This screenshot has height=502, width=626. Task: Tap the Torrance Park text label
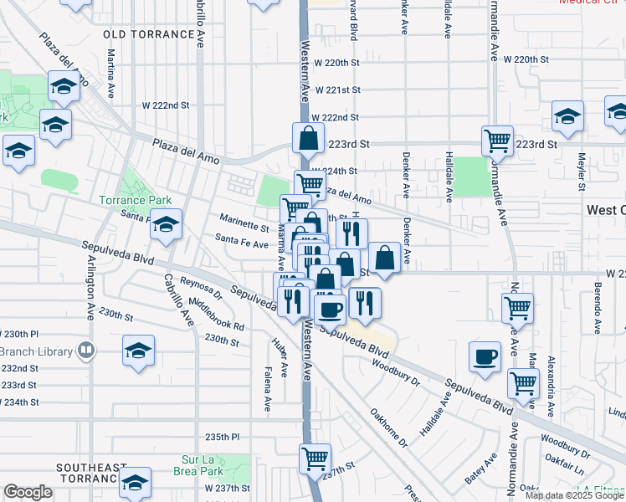coord(135,200)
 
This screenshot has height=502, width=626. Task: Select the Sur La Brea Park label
coord(214,460)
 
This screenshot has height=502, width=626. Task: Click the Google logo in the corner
coord(28,492)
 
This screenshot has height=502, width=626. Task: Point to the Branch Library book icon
coord(85,350)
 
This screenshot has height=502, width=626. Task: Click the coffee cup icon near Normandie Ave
coord(485,356)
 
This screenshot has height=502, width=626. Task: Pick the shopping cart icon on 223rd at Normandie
coord(497,140)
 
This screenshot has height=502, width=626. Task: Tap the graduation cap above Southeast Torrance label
coord(135,481)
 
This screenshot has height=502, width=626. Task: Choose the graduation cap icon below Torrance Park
coord(167,224)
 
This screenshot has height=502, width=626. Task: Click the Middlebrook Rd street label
coord(217,314)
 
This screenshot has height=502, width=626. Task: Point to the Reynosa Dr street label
coord(199,289)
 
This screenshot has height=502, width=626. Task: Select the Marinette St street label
coord(244,226)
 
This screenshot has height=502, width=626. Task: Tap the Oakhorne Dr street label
coord(387,427)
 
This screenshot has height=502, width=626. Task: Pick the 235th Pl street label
coord(223,437)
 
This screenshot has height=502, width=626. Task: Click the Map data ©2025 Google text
coord(574,494)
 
